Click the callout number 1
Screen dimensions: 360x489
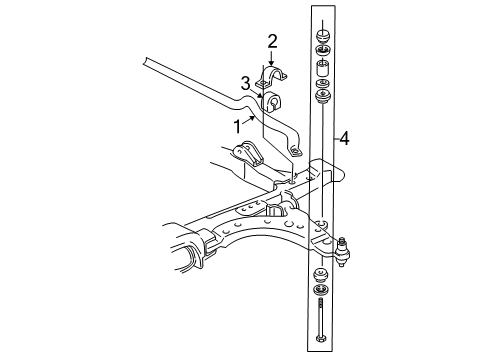click(x=238, y=127)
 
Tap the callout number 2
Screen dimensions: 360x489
click(x=271, y=41)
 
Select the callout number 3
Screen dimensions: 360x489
click(x=244, y=83)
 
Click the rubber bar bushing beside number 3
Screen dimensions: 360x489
click(x=274, y=101)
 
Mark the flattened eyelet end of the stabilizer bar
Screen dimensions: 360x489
click(x=297, y=152)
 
